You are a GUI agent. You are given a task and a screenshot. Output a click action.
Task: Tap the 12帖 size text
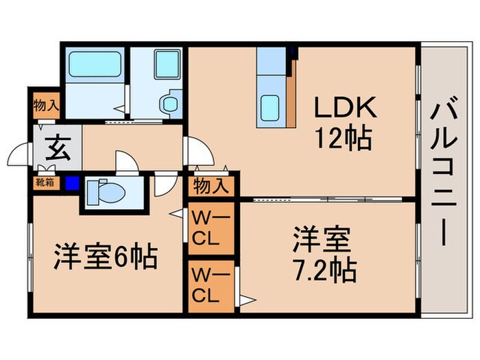pyautogui.click(x=343, y=139)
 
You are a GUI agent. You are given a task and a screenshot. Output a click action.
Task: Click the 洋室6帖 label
pyautogui.click(x=106, y=257)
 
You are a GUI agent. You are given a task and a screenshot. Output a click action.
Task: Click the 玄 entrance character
pyautogui.click(x=57, y=148)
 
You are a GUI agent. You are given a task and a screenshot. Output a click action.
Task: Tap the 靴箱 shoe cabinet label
pyautogui.click(x=45, y=183)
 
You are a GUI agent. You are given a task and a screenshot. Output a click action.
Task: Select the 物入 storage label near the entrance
pyautogui.click(x=45, y=106)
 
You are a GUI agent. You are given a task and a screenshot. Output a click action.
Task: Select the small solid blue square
pyautogui.click(x=72, y=184)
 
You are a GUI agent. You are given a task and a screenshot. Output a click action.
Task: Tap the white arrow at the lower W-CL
pyautogui.click(x=245, y=299)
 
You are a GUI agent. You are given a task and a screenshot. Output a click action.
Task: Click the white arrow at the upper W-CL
pyautogui.click(x=177, y=215)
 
